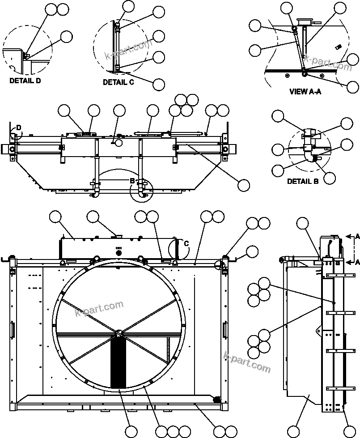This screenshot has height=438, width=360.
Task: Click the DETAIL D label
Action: [x=25, y=81]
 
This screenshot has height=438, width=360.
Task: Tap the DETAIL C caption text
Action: [x=118, y=82]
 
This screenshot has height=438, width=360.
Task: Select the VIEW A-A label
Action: [x=305, y=92]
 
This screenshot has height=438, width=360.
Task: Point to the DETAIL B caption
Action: [x=303, y=181]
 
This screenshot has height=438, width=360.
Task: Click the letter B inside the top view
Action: [x=132, y=181]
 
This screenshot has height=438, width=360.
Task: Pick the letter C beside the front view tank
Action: [x=186, y=243]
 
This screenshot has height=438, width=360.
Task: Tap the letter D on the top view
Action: [x=18, y=128]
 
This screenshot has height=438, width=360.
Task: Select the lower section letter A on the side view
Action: [x=357, y=263]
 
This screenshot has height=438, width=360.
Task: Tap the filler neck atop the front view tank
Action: [x=119, y=236]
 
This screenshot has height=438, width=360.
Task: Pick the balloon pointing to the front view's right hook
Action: [x=253, y=251]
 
